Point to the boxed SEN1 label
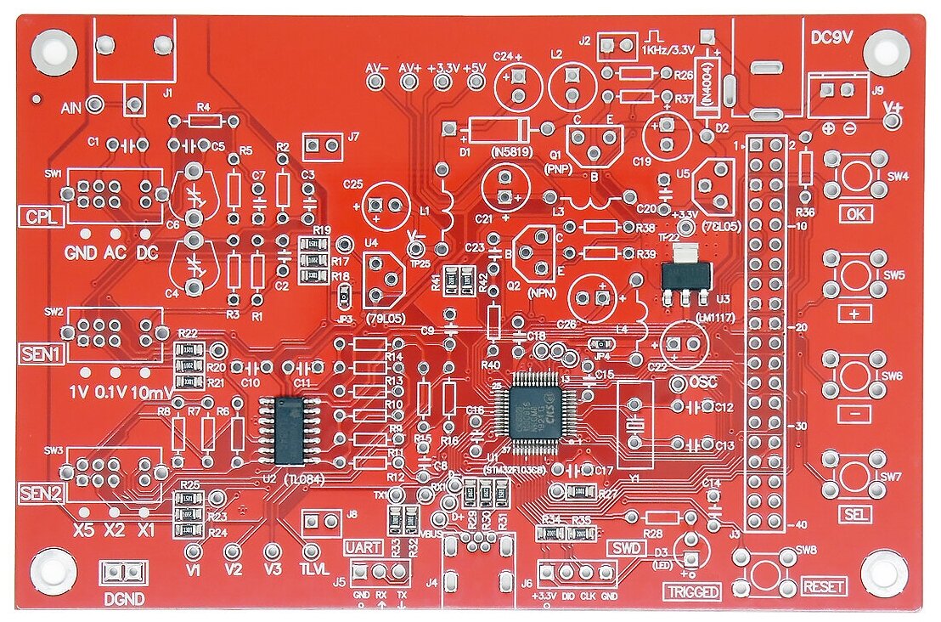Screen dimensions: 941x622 pyautogui.click(x=41, y=353)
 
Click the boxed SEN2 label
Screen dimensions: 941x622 pyautogui.click(x=41, y=493)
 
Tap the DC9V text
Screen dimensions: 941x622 pyautogui.click(x=832, y=38)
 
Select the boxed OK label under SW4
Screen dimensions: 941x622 pyautogui.click(x=855, y=214)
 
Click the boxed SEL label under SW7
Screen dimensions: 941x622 pyautogui.click(x=855, y=514)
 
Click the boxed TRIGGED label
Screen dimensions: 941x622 pyautogui.click(x=691, y=592)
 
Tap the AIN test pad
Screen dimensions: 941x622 pyautogui.click(x=96, y=105)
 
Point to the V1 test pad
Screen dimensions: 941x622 pyautogui.click(x=194, y=551)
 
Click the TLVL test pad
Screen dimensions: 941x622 pyautogui.click(x=312, y=551)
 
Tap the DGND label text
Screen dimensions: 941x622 pyautogui.click(x=124, y=598)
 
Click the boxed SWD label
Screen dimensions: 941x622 pyautogui.click(x=626, y=548)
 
